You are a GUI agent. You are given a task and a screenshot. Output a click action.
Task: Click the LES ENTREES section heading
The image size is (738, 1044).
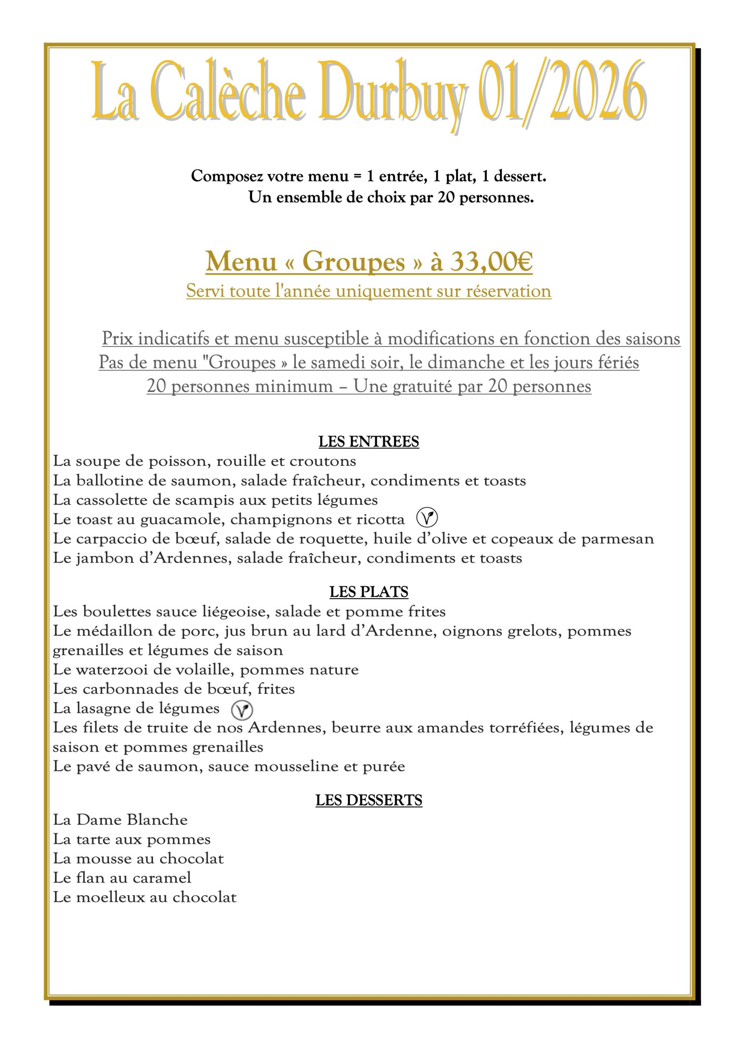(368, 442)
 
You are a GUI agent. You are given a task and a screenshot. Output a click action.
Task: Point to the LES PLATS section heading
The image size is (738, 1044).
(368, 592)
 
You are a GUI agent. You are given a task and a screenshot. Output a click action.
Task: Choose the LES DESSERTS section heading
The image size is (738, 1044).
(368, 800)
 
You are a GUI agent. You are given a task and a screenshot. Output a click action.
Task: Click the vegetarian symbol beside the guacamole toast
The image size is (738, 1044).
(427, 518)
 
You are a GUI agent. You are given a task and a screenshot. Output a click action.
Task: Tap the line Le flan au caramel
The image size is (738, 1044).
(122, 878)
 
